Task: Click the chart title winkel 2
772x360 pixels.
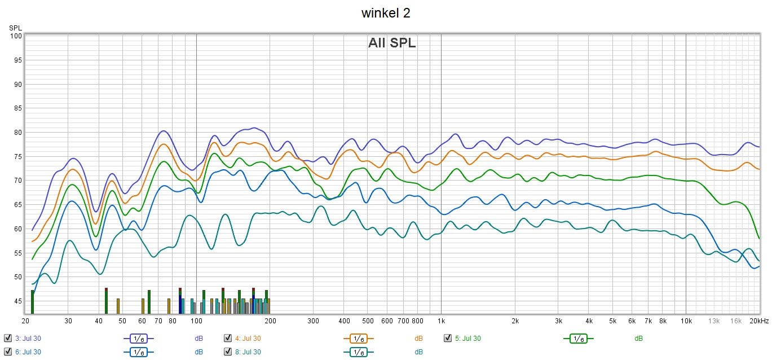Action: tap(386, 14)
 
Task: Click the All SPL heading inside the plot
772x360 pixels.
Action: tap(392, 43)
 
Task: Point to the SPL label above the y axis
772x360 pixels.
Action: tap(16, 28)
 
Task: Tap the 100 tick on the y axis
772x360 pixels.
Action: tap(16, 36)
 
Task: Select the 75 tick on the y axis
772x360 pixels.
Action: tap(17, 157)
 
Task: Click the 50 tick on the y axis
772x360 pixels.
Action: tap(17, 277)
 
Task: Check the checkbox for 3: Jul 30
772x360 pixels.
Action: tap(8, 339)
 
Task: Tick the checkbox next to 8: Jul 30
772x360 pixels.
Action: tap(228, 352)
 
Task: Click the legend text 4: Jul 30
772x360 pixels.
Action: tap(248, 339)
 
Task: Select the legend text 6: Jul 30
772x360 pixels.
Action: tap(28, 352)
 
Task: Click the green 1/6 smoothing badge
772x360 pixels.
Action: tap(578, 339)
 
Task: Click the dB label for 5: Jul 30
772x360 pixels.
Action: tap(638, 339)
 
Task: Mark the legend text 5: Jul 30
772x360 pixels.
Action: tap(468, 339)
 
